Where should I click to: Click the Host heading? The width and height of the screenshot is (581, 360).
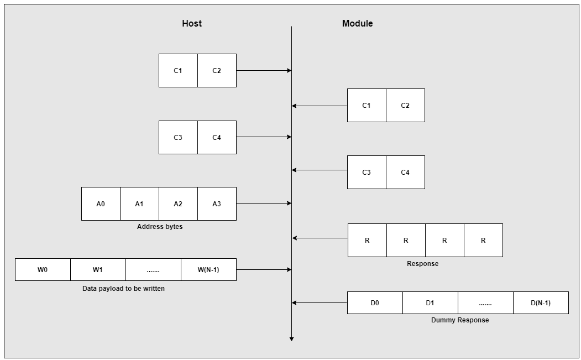(192, 23)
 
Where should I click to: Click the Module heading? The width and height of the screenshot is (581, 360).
(357, 23)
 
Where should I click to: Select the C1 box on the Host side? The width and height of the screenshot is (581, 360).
(178, 70)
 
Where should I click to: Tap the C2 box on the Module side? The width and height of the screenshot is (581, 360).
(405, 105)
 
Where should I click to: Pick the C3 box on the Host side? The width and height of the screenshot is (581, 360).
(178, 137)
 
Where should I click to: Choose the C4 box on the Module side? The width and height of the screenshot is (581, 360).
(405, 172)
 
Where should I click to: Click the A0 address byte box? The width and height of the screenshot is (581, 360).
(101, 204)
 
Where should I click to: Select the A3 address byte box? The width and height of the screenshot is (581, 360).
(217, 204)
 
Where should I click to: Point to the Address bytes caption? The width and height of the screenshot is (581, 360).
(159, 227)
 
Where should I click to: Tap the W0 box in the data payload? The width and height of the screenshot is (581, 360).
(43, 269)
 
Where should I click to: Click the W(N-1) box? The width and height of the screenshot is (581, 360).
(208, 269)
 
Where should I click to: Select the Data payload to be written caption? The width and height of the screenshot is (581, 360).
(123, 288)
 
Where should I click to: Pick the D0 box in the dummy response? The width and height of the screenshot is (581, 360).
(375, 302)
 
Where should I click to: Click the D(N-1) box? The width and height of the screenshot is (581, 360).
(541, 302)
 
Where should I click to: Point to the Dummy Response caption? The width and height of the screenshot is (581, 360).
(459, 320)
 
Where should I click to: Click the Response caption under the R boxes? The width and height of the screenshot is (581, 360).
(422, 264)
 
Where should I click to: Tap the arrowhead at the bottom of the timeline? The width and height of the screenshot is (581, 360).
(291, 338)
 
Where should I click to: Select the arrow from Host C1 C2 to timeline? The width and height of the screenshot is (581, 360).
(264, 70)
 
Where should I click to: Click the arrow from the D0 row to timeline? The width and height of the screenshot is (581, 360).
(320, 302)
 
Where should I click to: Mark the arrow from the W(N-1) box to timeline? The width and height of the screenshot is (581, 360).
(264, 269)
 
